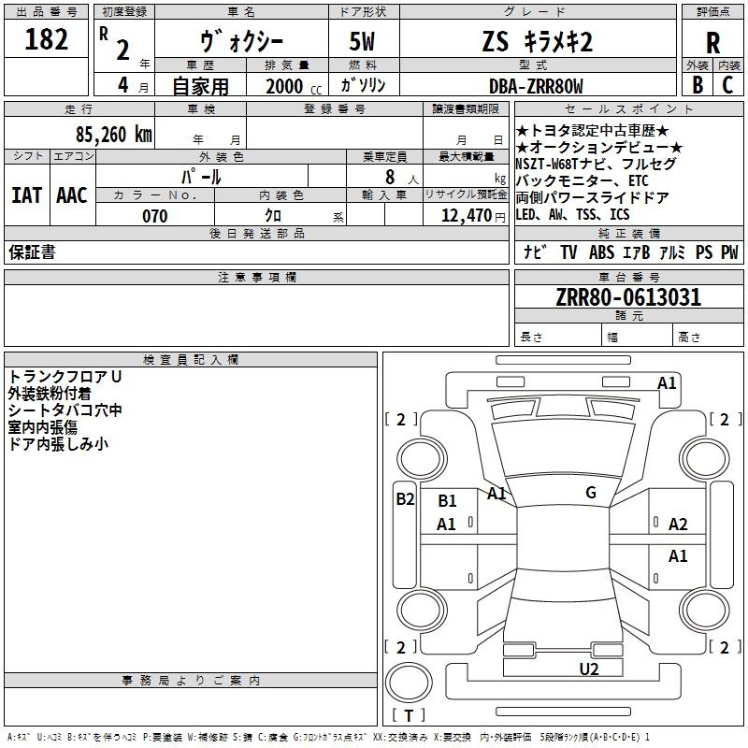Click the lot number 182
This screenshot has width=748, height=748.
pos(46,39)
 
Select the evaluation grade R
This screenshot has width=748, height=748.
pos(712,43)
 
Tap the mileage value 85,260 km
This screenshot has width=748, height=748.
pos(114,135)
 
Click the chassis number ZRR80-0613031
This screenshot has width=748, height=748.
pos(628,296)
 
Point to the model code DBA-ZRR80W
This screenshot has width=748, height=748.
pos(536,86)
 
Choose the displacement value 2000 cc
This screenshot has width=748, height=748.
pos(294,86)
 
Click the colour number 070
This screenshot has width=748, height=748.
pos(155,216)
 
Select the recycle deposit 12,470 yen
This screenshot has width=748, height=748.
pos(473,216)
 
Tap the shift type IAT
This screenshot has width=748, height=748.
pos(26,195)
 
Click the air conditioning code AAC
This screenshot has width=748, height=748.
pos(72,195)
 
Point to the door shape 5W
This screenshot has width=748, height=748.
pos(362,41)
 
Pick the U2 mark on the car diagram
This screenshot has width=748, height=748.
pos(589,669)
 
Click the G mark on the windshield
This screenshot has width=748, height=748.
pos(591,493)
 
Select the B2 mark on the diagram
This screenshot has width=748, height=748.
pos(405,499)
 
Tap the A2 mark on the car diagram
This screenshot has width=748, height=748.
pos(678,525)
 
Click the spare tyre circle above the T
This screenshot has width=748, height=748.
pos(409,683)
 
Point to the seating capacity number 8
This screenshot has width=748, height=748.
pos(390,177)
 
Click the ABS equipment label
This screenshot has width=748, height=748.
pos(601,252)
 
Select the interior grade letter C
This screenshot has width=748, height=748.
pos(727,85)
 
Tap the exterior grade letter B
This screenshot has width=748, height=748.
pos(698,85)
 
